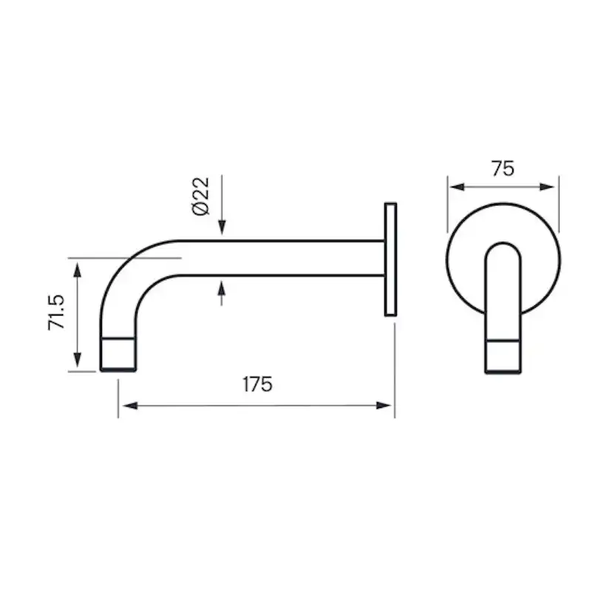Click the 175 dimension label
(257, 384)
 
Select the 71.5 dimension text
(58, 313)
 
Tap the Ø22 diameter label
(200, 196)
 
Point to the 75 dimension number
(503, 169)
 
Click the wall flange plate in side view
(390, 259)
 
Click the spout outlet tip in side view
(118, 355)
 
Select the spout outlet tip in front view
(503, 357)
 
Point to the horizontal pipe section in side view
(281, 258)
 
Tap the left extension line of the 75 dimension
(447, 203)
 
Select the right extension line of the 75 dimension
(559, 203)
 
